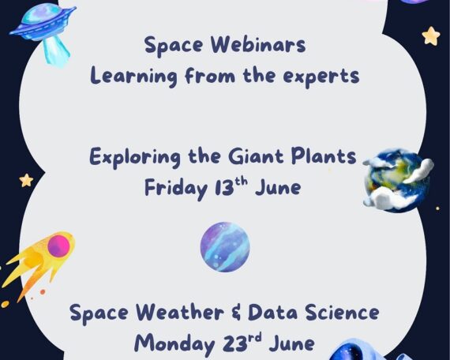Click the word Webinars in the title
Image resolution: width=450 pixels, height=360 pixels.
[x=258, y=45]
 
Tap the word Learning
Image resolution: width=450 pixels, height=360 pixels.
[x=133, y=77]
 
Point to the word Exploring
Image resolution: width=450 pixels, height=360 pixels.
[x=135, y=157]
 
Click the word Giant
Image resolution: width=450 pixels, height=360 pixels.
[x=256, y=156]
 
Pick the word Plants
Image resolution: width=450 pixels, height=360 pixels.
[x=324, y=156]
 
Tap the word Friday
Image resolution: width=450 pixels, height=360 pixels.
[x=176, y=188]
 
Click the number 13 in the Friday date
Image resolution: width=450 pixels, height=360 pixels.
[x=224, y=188]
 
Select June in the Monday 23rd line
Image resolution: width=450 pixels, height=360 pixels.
[x=291, y=343]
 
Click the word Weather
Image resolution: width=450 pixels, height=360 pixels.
[x=180, y=312]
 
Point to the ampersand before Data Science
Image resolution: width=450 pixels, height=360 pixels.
[x=235, y=313]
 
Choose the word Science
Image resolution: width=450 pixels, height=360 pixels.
[x=342, y=312]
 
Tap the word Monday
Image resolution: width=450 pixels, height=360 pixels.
[x=174, y=344]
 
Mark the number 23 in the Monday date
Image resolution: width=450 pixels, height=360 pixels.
[x=234, y=343]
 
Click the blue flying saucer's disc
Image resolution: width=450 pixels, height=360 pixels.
[x=43, y=22]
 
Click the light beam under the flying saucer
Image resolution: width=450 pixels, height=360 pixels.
[x=56, y=51]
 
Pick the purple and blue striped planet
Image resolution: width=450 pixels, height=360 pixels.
[x=225, y=247]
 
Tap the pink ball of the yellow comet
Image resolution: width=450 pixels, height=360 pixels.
[x=58, y=246]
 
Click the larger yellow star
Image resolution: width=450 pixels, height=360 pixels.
[x=431, y=36]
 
